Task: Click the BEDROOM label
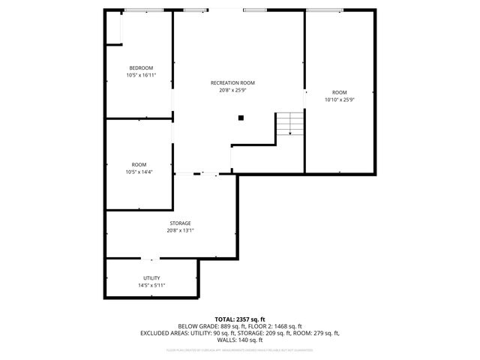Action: tap(140, 67)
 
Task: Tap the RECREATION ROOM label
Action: tap(232, 82)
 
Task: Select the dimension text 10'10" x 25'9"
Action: tap(339, 99)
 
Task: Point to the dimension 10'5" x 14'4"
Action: tap(140, 172)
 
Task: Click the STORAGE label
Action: tap(180, 223)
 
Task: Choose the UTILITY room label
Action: tap(151, 277)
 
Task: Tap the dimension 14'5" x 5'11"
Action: tap(151, 285)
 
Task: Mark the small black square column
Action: tap(241, 117)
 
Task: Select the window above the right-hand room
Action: tap(325, 10)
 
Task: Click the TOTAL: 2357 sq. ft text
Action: tap(240, 319)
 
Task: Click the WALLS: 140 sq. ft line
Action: tap(240, 340)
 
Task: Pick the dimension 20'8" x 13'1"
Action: tap(180, 230)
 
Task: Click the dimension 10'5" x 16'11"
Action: tap(140, 75)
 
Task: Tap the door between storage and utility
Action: tap(151, 259)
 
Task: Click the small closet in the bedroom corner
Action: tap(113, 28)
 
